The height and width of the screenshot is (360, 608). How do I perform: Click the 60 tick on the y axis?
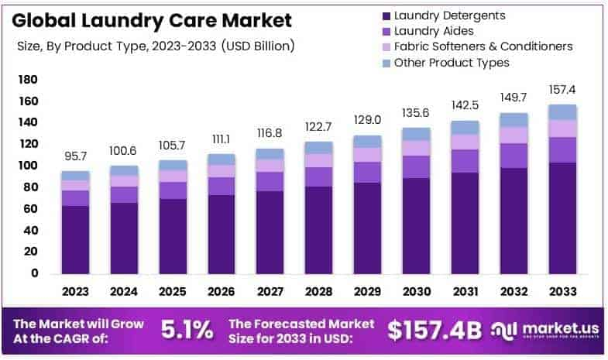pos(31,209)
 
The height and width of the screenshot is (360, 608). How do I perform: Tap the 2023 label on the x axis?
pos(76,293)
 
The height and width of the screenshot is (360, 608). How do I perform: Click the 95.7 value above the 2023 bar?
pos(76,157)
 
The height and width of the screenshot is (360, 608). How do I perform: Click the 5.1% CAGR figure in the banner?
pos(187,330)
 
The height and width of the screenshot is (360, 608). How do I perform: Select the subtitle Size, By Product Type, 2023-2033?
pos(155,46)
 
